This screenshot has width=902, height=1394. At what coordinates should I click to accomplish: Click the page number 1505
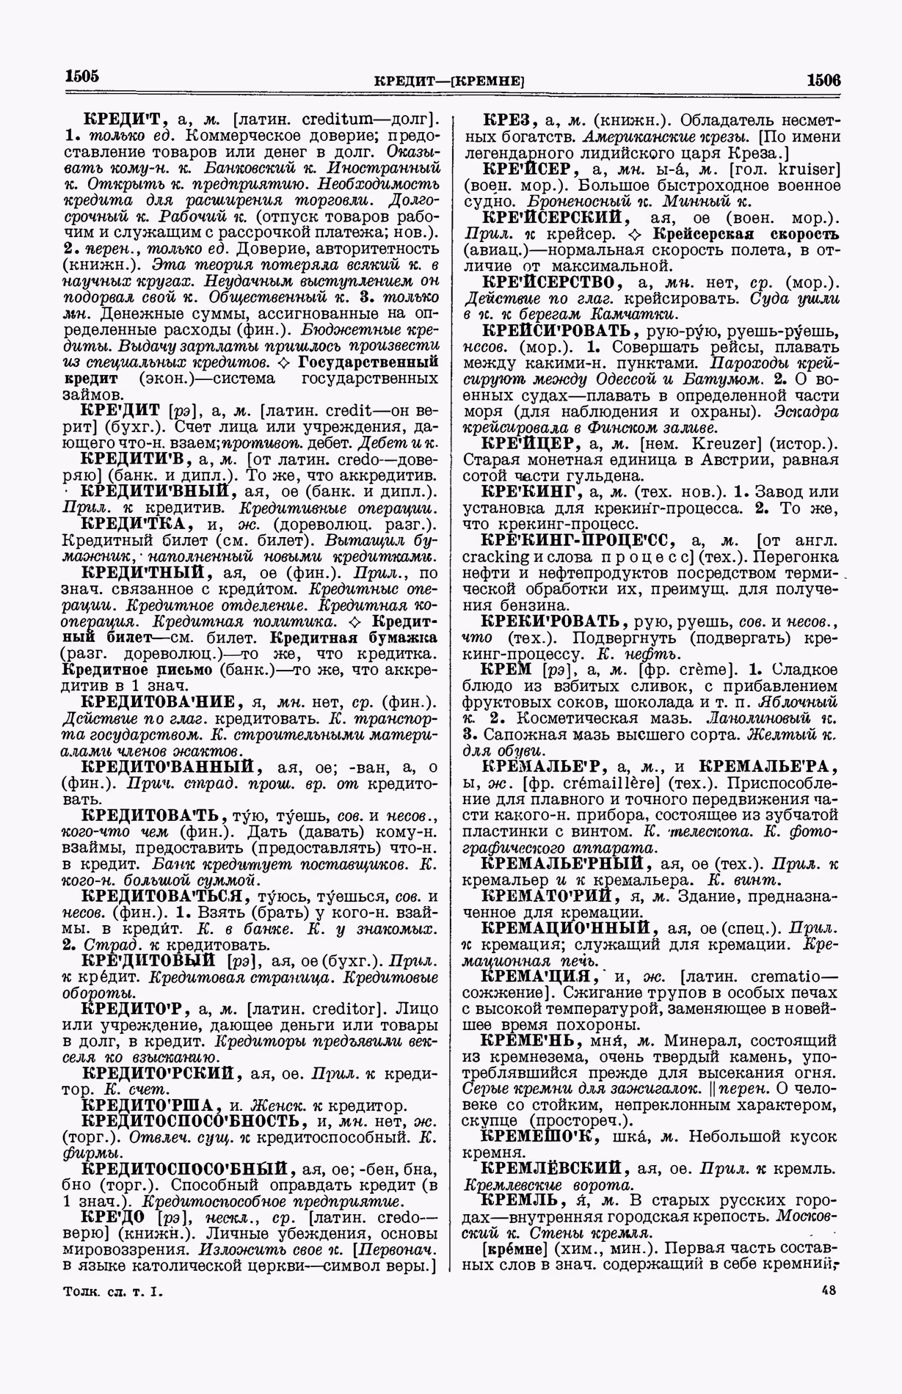tap(81, 76)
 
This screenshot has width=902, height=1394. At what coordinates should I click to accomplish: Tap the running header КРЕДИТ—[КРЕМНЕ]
tap(449, 80)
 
